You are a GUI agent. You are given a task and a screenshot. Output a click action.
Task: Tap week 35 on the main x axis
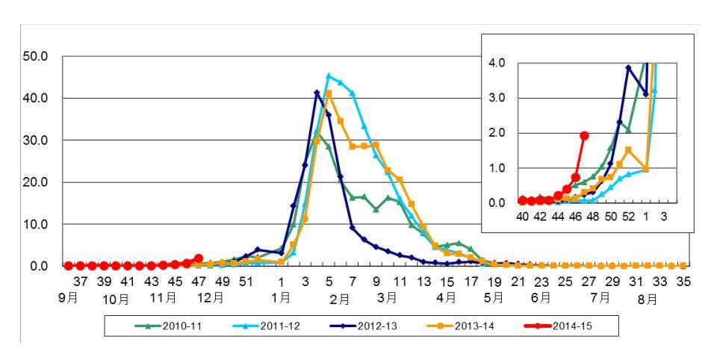[x=683, y=282]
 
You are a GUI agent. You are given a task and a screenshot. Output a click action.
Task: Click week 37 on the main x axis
[x=81, y=282]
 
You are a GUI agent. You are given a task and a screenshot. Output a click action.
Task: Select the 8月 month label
[x=647, y=298]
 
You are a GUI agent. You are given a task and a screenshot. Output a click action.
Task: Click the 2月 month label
[x=339, y=298]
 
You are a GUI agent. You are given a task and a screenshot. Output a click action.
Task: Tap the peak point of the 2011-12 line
[x=329, y=75]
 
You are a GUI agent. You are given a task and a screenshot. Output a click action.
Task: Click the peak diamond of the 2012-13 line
[x=317, y=93]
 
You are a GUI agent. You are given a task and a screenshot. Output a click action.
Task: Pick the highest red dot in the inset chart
[x=584, y=135]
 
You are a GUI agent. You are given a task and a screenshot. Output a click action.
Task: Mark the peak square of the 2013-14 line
[x=329, y=93]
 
